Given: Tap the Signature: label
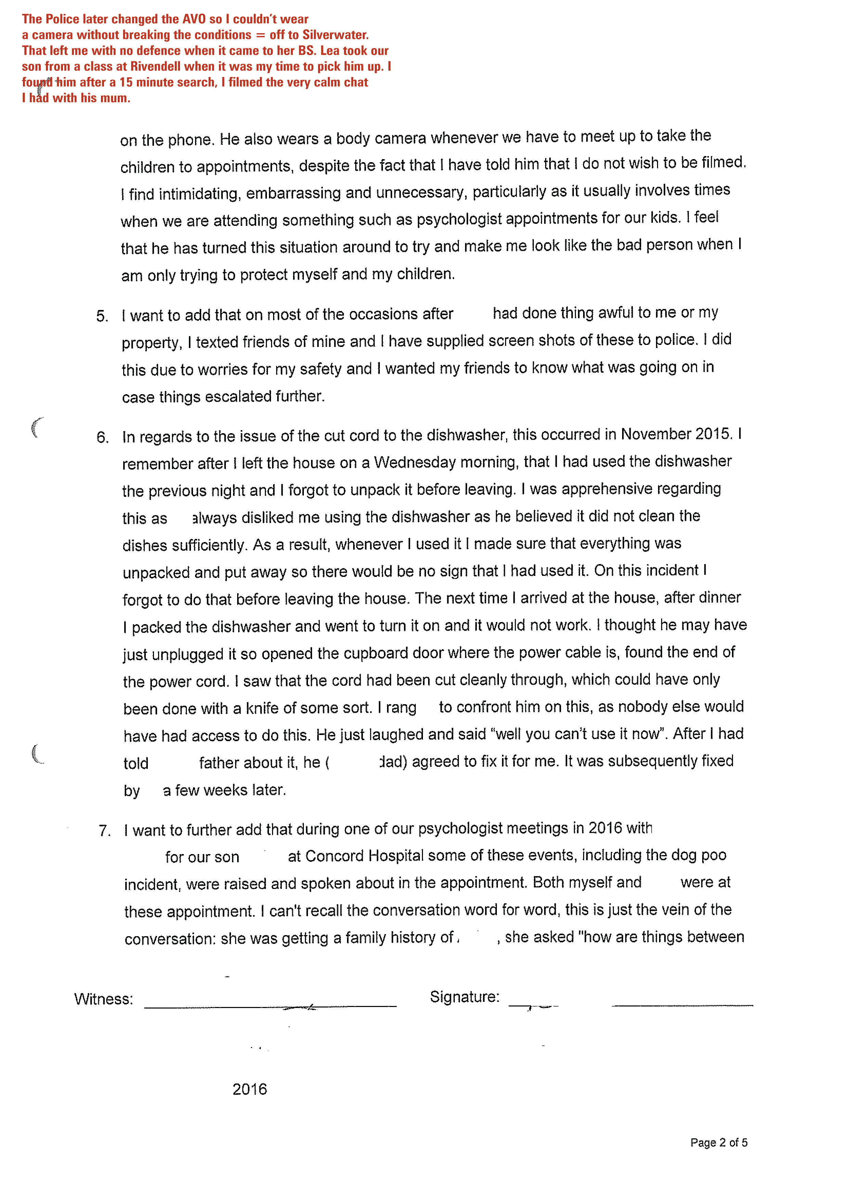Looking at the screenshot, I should coord(464,997).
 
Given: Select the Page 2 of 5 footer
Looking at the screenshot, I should coord(719,1142).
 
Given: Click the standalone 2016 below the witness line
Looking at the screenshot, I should coord(249,1089).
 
